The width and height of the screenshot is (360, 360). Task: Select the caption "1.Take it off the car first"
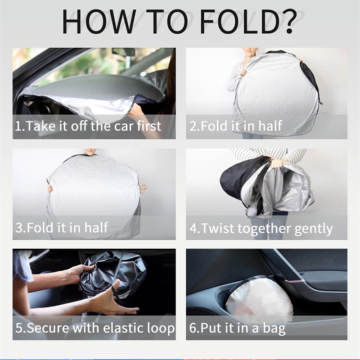click(88, 126)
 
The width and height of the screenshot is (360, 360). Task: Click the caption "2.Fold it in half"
click(235, 126)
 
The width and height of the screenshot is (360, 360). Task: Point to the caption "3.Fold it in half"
click(62, 227)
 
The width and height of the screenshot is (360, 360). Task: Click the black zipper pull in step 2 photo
click(320, 103)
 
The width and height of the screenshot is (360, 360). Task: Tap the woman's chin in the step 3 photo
click(88, 153)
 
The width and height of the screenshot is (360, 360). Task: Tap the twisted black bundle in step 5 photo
click(112, 275)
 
